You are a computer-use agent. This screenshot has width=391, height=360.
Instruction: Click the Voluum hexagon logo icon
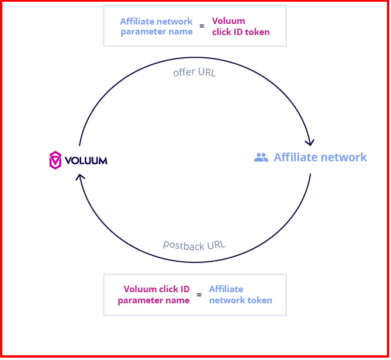click(55, 160)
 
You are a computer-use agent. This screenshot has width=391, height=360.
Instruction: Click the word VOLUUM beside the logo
click(85, 160)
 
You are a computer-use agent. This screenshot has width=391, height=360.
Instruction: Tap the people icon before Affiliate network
click(261, 157)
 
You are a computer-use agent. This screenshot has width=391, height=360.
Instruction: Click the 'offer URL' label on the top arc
click(195, 73)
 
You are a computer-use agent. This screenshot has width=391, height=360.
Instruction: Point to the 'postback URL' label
click(194, 245)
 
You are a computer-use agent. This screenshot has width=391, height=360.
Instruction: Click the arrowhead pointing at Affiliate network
click(310, 142)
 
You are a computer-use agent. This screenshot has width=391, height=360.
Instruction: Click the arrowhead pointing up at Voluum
click(81, 176)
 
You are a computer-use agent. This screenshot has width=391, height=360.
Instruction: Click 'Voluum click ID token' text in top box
click(241, 26)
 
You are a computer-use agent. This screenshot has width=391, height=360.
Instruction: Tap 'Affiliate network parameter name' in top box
click(156, 26)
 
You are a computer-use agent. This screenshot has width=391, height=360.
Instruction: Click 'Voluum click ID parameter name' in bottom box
click(154, 295)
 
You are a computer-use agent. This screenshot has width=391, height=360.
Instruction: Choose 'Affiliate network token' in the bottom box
click(240, 295)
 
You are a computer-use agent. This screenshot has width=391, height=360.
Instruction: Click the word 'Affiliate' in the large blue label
click(297, 157)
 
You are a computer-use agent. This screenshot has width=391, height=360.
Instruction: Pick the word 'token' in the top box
click(258, 32)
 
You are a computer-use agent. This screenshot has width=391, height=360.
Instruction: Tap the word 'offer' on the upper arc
click(184, 73)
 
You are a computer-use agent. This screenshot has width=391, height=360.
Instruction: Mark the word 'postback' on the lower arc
click(182, 245)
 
